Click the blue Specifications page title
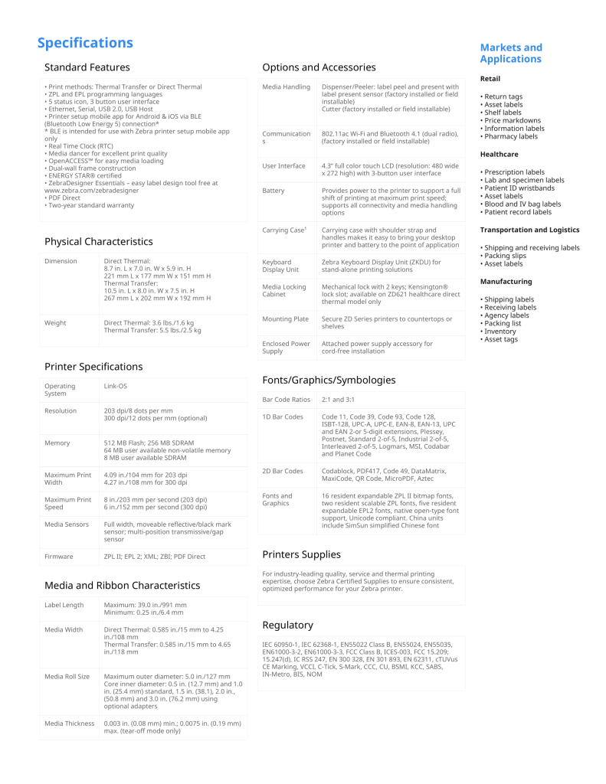click(x=85, y=43)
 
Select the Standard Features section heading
click(x=87, y=67)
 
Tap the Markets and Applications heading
click(x=510, y=54)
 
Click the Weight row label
click(x=55, y=323)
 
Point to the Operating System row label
click(x=60, y=390)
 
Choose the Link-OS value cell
click(x=117, y=386)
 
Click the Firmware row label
click(x=59, y=557)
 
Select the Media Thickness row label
click(x=69, y=724)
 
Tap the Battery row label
click(x=273, y=191)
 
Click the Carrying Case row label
click(x=284, y=230)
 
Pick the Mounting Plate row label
click(x=285, y=318)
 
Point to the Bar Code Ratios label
click(x=286, y=400)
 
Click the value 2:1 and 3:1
click(x=338, y=400)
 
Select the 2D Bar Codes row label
click(x=282, y=471)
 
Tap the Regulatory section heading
click(x=287, y=625)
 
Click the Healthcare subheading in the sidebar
click(x=499, y=155)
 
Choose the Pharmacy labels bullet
click(x=511, y=136)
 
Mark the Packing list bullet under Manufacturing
click(x=504, y=323)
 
